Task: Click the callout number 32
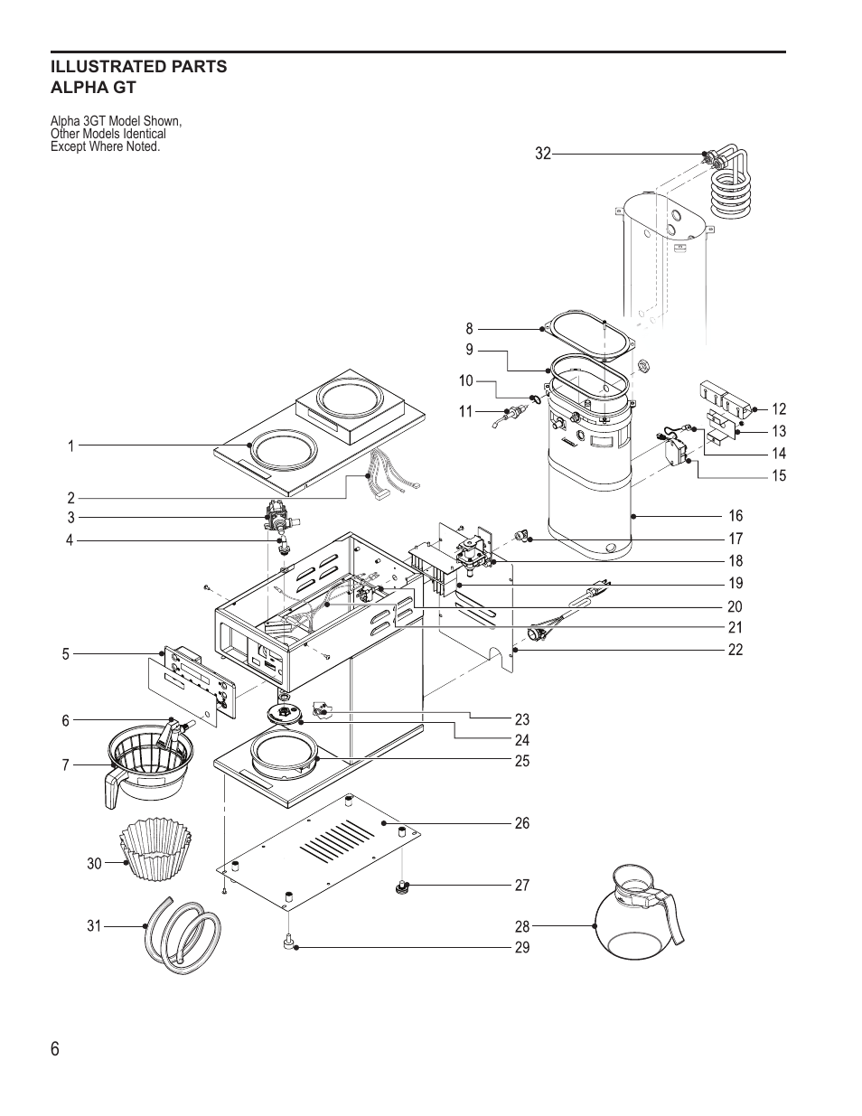coord(542,155)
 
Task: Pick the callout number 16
coord(736,516)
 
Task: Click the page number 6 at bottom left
coord(56,1049)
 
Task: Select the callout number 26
coord(522,823)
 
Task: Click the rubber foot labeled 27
coord(400,887)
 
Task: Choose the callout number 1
coord(70,445)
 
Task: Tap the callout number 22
coord(736,650)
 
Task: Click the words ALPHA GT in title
coord(93,89)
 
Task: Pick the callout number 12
coord(779,409)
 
